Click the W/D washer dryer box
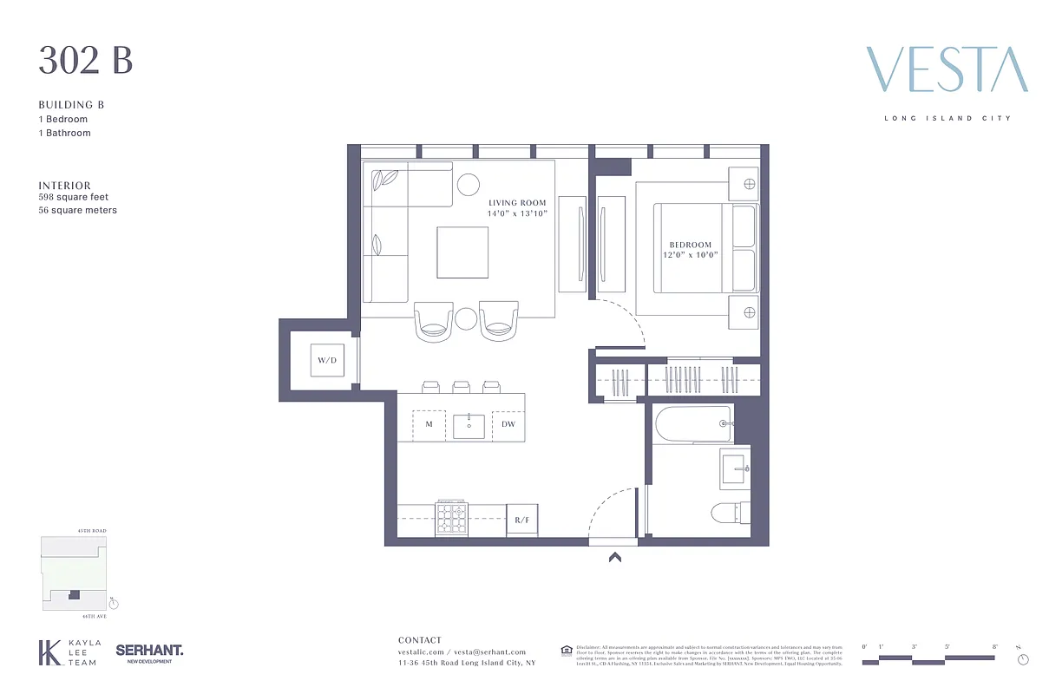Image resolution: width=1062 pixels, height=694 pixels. pyautogui.click(x=327, y=359)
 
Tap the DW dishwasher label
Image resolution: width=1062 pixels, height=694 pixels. pyautogui.click(x=508, y=424)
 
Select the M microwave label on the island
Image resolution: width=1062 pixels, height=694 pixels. pyautogui.click(x=429, y=424)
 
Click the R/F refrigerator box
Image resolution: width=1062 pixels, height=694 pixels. pyautogui.click(x=521, y=520)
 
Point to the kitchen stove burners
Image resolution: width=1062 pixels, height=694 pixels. pyautogui.click(x=450, y=519)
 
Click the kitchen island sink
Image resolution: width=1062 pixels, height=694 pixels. pyautogui.click(x=469, y=426)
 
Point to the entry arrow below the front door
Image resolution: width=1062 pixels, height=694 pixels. pyautogui.click(x=615, y=558)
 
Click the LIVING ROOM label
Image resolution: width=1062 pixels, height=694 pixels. pyautogui.click(x=517, y=203)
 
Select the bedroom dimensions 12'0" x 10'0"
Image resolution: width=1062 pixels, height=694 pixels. pyautogui.click(x=690, y=255)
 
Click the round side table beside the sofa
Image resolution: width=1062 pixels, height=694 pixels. pyautogui.click(x=468, y=184)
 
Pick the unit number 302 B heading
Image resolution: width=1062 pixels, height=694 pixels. pyautogui.click(x=85, y=62)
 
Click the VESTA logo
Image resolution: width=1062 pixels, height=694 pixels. pyautogui.click(x=947, y=70)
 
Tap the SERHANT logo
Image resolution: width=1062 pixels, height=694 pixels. pyautogui.click(x=149, y=651)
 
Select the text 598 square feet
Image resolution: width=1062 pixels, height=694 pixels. pyautogui.click(x=73, y=197)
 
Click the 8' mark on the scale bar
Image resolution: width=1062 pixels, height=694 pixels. pyautogui.click(x=995, y=647)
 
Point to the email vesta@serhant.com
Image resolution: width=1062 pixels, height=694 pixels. pyautogui.click(x=489, y=651)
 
